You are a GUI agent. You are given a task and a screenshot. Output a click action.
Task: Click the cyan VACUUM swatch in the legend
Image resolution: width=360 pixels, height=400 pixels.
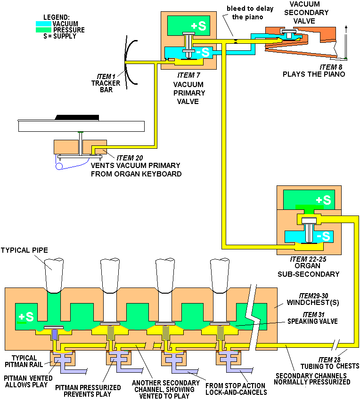pos(44,24)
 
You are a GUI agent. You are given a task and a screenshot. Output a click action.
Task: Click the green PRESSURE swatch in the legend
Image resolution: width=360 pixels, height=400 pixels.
pos(44,30)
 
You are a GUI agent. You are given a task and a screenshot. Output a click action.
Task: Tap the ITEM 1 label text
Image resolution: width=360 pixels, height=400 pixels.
pos(106,77)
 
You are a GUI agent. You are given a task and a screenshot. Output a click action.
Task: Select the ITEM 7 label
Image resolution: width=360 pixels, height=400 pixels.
pos(188,75)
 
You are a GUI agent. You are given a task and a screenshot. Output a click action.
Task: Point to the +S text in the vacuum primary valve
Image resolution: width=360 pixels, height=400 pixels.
pos(198,26)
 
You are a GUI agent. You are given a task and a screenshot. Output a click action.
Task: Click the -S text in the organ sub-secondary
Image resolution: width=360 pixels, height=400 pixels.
pos(323,236)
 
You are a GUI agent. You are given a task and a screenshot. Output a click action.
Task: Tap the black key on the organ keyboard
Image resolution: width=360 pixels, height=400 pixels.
pos(77,117)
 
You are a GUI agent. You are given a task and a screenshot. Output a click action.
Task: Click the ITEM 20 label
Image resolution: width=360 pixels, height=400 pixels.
pos(130,158)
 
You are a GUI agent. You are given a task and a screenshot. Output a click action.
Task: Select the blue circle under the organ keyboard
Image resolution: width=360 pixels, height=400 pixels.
pos(59,166)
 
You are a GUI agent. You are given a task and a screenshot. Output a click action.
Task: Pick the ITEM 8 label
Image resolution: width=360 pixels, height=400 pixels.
pos(331,67)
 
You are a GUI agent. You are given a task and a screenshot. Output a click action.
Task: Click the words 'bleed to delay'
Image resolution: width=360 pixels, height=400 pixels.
pos(250,8)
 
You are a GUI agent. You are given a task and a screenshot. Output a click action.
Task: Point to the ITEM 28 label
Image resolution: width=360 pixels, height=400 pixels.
pos(329,360)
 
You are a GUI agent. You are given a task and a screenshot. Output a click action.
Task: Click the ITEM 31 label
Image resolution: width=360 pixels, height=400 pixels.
pos(313,314)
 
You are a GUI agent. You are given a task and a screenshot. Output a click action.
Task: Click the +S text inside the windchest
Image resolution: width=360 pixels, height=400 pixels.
pos(26,317)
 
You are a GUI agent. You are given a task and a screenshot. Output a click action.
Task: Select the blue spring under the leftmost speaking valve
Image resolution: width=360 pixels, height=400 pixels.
pos(54,335)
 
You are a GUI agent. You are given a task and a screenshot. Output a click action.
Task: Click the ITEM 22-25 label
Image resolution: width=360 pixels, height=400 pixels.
pos(308,259)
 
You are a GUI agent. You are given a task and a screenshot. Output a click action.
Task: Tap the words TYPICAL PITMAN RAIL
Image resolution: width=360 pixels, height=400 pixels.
pos(24,361)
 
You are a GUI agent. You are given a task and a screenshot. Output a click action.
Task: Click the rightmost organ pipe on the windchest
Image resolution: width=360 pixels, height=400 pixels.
pos(220,275)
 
